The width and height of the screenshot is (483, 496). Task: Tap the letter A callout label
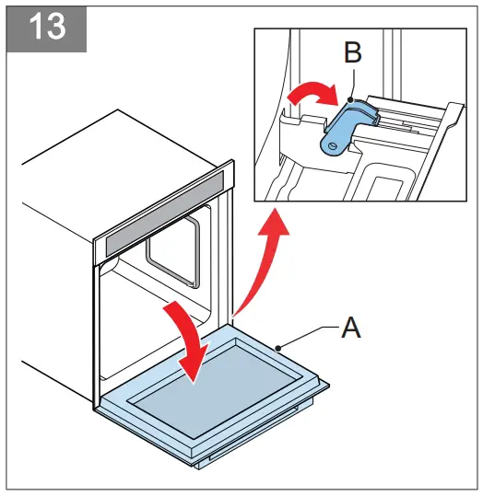(x=350, y=329)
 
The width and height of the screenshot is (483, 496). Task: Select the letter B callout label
(x=352, y=53)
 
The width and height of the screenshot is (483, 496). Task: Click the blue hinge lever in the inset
(x=347, y=125)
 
